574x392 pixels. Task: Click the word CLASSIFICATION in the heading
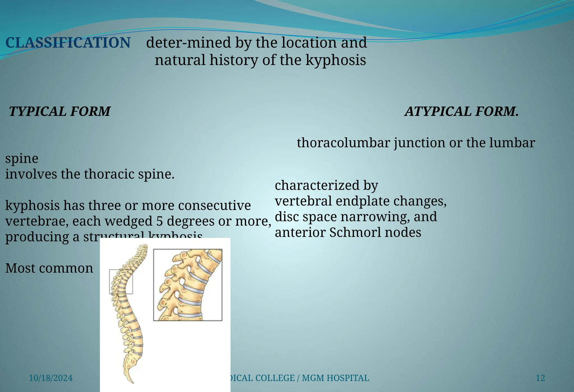point(68,43)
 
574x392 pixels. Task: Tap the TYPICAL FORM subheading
point(59,111)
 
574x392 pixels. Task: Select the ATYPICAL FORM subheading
point(461,111)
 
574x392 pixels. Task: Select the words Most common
point(49,268)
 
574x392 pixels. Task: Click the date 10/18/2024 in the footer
point(51,378)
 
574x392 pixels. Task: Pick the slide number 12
point(540,378)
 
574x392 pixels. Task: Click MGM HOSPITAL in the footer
point(335,378)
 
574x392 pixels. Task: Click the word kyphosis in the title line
point(335,60)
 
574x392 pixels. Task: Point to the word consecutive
point(214,205)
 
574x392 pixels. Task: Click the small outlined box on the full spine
point(121,281)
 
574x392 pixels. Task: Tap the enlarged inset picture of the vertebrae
point(188,285)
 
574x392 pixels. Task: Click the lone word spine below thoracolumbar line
point(22,159)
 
